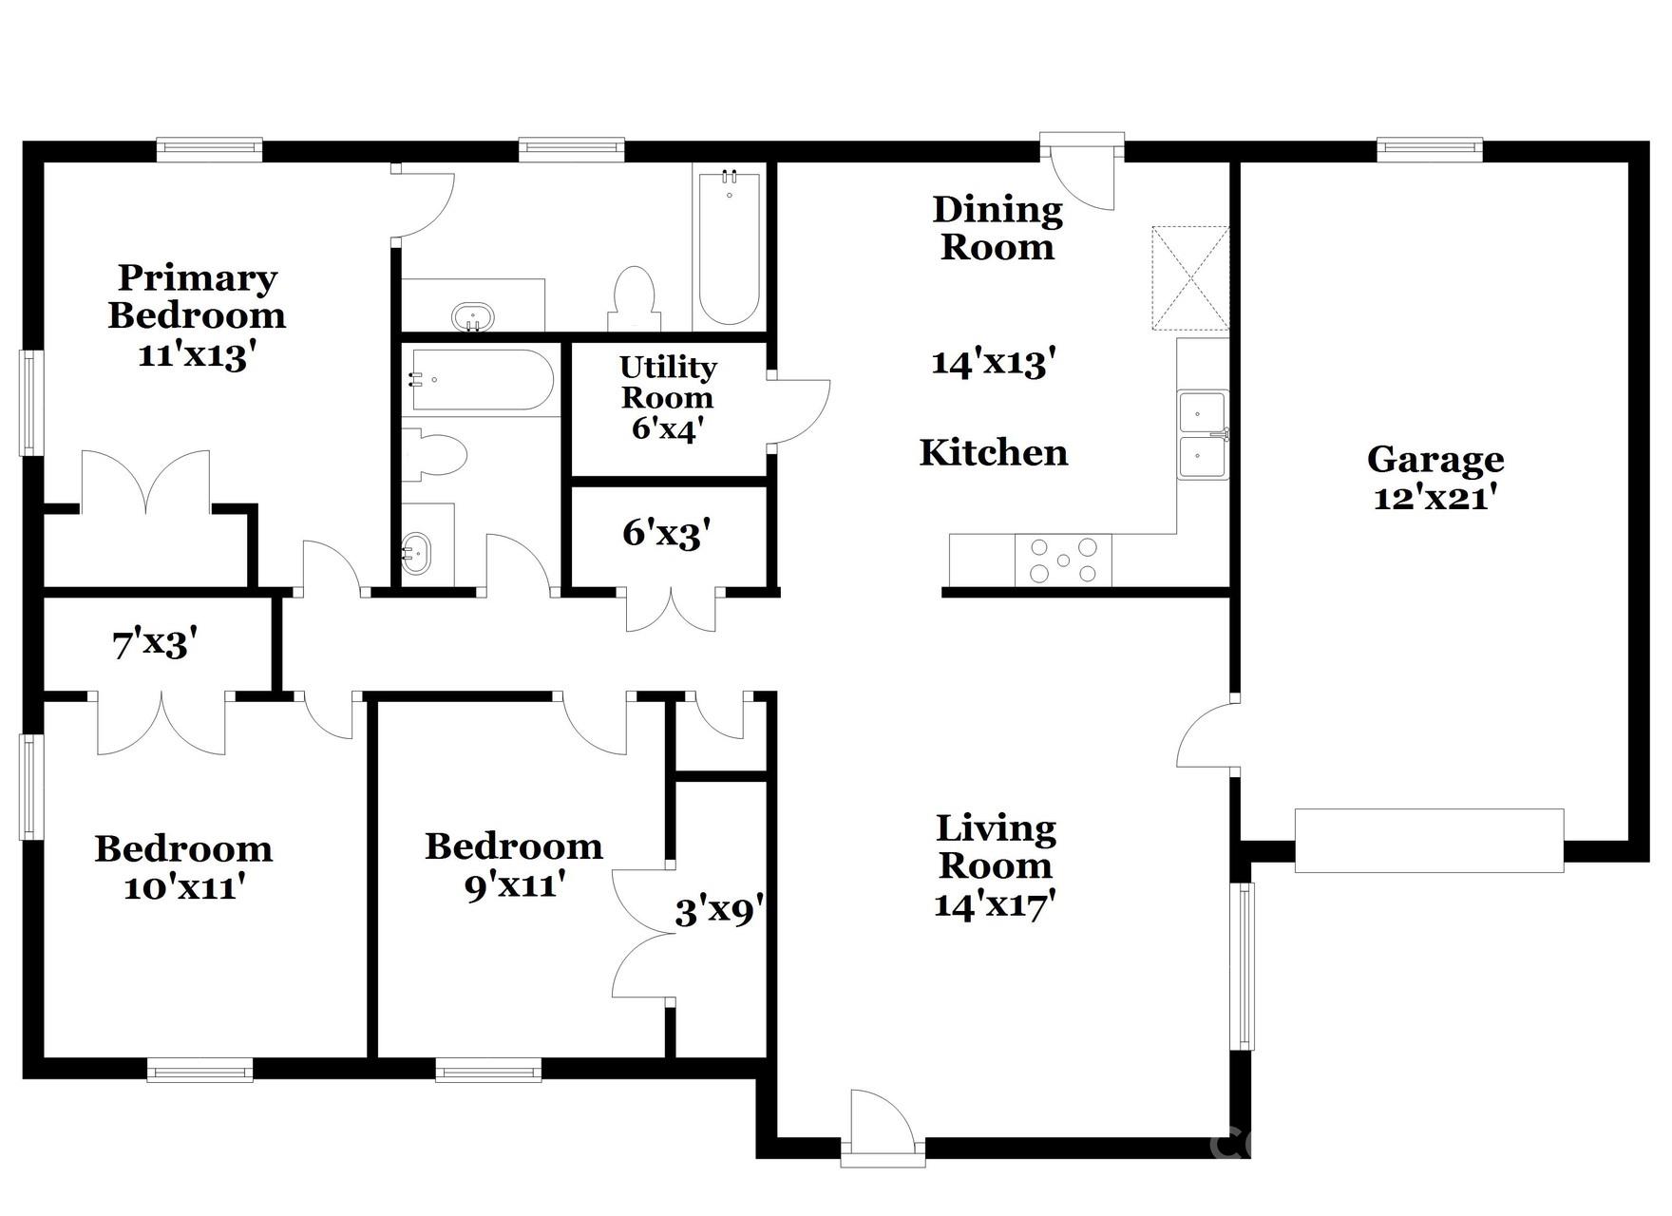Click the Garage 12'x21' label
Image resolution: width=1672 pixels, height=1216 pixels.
coord(1434,478)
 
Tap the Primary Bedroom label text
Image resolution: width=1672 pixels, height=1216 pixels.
coord(197,296)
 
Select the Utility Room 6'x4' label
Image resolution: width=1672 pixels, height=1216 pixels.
coord(667,397)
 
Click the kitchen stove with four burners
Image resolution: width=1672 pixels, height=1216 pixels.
coord(1063,560)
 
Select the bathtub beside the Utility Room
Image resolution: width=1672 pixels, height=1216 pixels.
coord(481,380)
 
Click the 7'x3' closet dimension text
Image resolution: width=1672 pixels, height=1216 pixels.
coord(155,645)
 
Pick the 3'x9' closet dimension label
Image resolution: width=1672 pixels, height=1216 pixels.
coord(719,912)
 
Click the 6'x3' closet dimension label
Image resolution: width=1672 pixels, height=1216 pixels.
coord(667,534)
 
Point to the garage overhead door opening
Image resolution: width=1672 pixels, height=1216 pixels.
coord(1429,841)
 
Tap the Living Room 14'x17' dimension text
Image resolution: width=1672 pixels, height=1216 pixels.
coord(995,903)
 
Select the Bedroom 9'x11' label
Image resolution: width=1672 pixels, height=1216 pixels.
coord(514,864)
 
